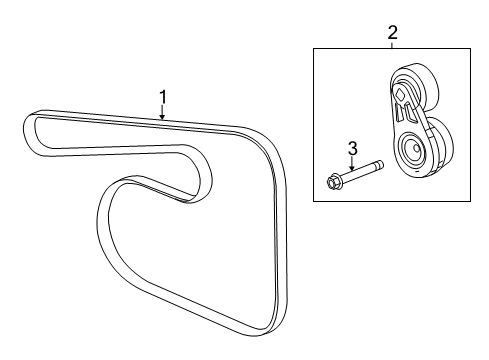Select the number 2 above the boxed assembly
pos(391,33)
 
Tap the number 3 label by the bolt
pos(352,149)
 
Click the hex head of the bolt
pos(334,182)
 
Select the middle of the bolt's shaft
pos(362,175)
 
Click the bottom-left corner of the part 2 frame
pos(314,202)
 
